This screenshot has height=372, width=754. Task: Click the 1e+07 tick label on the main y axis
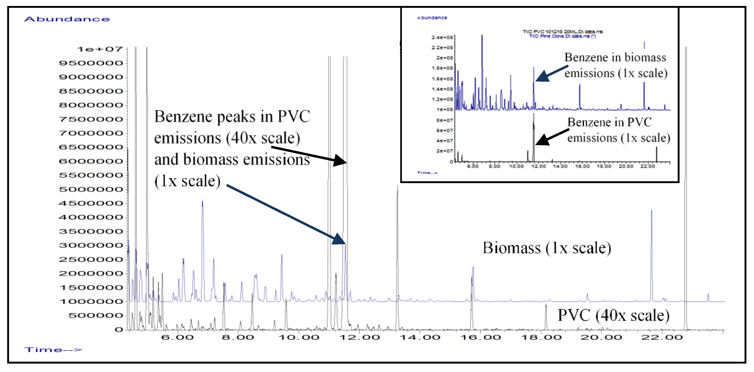tap(100, 49)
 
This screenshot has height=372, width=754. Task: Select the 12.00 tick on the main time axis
tap(360, 337)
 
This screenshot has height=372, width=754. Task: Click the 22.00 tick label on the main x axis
tap(662, 337)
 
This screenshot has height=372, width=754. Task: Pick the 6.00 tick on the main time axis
tap(177, 337)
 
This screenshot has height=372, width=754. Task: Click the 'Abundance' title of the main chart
tap(67, 19)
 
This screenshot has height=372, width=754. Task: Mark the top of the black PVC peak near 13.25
tap(397, 186)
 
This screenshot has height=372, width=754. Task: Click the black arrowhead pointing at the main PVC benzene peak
tap(341, 160)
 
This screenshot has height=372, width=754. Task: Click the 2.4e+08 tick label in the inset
tap(442, 37)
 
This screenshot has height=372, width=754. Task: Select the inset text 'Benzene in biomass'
tap(615, 57)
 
